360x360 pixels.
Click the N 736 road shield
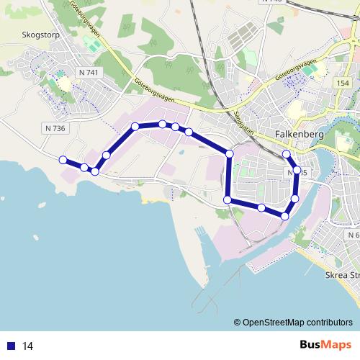pos(54,128)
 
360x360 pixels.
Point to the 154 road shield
pos(342,84)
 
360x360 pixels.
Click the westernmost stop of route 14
pos(63,160)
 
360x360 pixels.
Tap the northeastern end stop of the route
pos(287,154)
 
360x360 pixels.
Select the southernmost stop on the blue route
pos(285,216)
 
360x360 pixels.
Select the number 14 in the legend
pos(28,346)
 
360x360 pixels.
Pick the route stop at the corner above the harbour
pos(228,199)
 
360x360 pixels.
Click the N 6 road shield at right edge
pos(352,235)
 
